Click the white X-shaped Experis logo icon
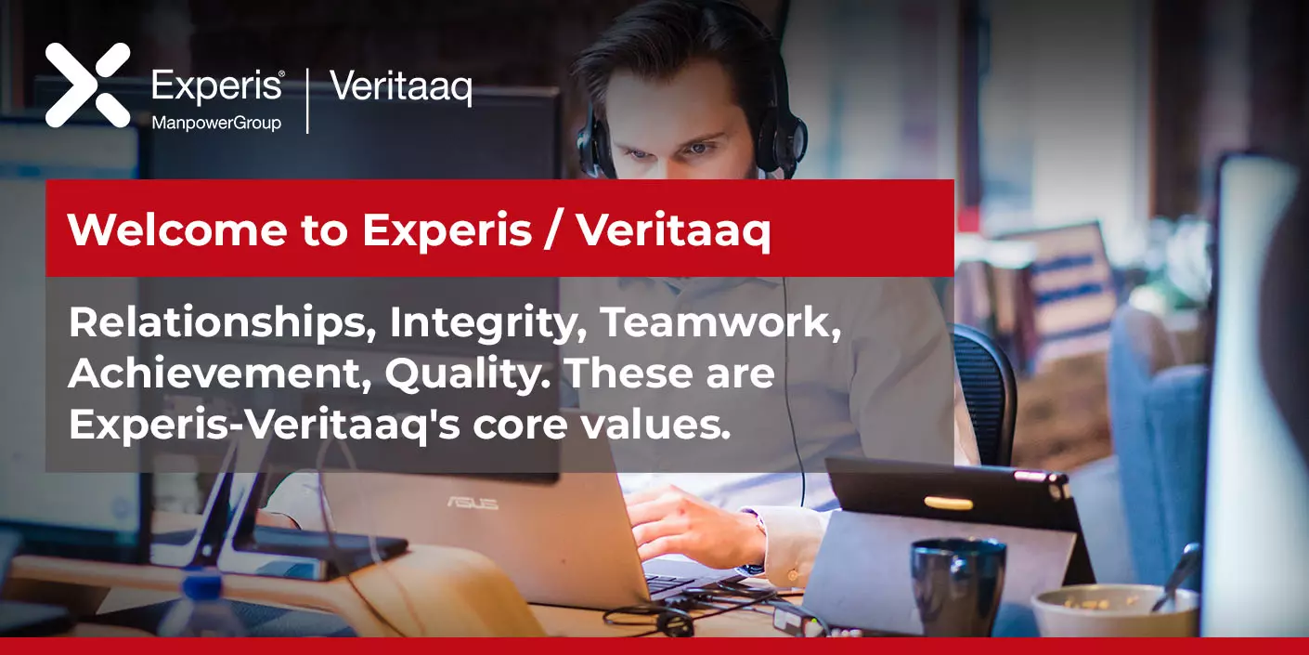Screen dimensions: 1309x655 (x=87, y=85)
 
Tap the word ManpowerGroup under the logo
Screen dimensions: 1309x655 (x=216, y=123)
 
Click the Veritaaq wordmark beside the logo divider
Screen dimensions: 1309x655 (x=401, y=87)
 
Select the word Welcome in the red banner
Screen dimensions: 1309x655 (x=177, y=229)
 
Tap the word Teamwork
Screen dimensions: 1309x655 (x=721, y=322)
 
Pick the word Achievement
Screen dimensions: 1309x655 (x=220, y=373)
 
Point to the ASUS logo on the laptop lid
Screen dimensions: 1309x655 (x=473, y=503)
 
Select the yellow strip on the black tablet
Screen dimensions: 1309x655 (x=948, y=503)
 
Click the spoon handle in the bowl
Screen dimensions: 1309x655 (x=1177, y=576)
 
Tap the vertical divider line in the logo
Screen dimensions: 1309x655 (x=307, y=100)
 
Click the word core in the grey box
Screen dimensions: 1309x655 (x=520, y=426)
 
